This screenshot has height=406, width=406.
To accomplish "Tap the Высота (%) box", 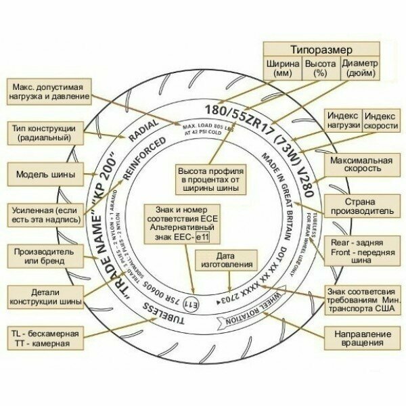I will coord(319,68).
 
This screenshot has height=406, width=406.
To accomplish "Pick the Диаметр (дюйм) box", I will coord(360,68).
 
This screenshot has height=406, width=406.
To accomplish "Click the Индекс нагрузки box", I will coord(342,121).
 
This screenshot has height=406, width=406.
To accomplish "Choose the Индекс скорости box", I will coord(380,121).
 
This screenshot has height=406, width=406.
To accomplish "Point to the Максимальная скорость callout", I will coord(361,166).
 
